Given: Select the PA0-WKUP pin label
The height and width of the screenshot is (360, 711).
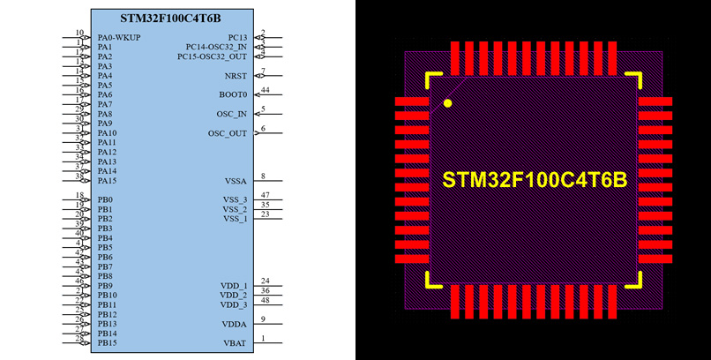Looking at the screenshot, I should [x=119, y=37].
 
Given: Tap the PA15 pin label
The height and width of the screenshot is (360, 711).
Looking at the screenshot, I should [x=107, y=180].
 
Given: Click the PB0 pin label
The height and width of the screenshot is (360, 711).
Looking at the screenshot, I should [x=105, y=199].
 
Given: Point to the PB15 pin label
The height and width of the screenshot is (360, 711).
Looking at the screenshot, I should [x=107, y=342].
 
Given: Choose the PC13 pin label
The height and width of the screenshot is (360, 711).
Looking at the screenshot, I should [x=238, y=37].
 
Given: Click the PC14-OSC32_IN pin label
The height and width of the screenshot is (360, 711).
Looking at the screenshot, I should [x=216, y=47].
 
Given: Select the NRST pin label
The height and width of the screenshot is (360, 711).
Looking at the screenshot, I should [x=236, y=76].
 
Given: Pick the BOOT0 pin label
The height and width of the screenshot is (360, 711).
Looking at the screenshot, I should [x=233, y=94].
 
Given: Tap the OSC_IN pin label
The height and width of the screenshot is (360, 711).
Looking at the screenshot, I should [x=232, y=114].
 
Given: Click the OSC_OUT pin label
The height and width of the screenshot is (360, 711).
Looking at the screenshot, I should [x=228, y=133].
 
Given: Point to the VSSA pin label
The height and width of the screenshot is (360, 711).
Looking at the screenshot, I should [x=236, y=180].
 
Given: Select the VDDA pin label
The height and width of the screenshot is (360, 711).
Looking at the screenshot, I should [x=235, y=324].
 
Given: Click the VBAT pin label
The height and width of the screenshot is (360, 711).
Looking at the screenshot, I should [x=236, y=342].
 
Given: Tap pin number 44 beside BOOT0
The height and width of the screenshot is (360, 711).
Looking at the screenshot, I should [x=265, y=90].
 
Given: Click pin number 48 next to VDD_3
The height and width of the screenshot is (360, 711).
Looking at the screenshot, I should [x=265, y=300].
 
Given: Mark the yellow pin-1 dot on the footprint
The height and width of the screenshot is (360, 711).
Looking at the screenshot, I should [x=447, y=103].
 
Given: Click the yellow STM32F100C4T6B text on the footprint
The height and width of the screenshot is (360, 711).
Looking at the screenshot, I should [x=535, y=180].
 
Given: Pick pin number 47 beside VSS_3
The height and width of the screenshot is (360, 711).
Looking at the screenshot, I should [x=265, y=195].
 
